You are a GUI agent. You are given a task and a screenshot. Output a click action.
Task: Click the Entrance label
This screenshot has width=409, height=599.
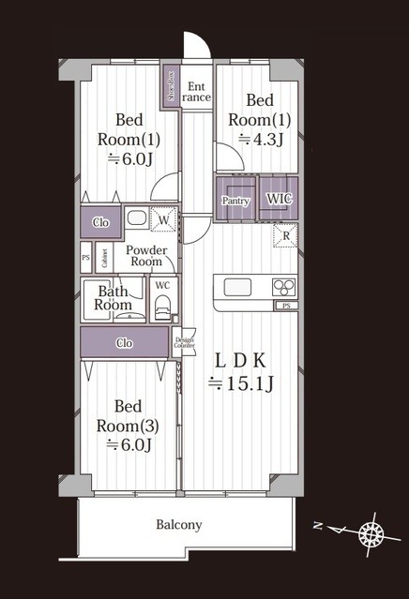coord(196,90)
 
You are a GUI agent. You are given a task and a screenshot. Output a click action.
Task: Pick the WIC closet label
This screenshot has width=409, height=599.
coord(279,199)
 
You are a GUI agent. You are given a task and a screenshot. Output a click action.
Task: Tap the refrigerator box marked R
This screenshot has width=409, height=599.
coord(285,235)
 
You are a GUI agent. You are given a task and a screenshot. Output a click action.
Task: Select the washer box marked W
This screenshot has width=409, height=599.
coord(163,220)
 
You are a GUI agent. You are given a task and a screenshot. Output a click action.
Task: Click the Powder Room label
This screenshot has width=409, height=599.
coord(146,256)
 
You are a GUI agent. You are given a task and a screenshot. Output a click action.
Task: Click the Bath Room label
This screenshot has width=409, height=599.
coord(114,298)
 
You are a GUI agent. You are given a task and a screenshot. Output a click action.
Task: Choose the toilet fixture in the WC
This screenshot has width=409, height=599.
coord(162,307)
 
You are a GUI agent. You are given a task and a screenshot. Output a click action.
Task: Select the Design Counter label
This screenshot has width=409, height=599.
coord(184,342)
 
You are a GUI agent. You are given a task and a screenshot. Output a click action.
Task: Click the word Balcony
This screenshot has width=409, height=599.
coord(178,525)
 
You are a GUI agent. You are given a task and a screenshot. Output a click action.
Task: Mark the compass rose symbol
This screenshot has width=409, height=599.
coord(372,534)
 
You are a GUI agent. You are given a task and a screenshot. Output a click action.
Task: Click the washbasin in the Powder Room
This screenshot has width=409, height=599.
coord(137,219)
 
